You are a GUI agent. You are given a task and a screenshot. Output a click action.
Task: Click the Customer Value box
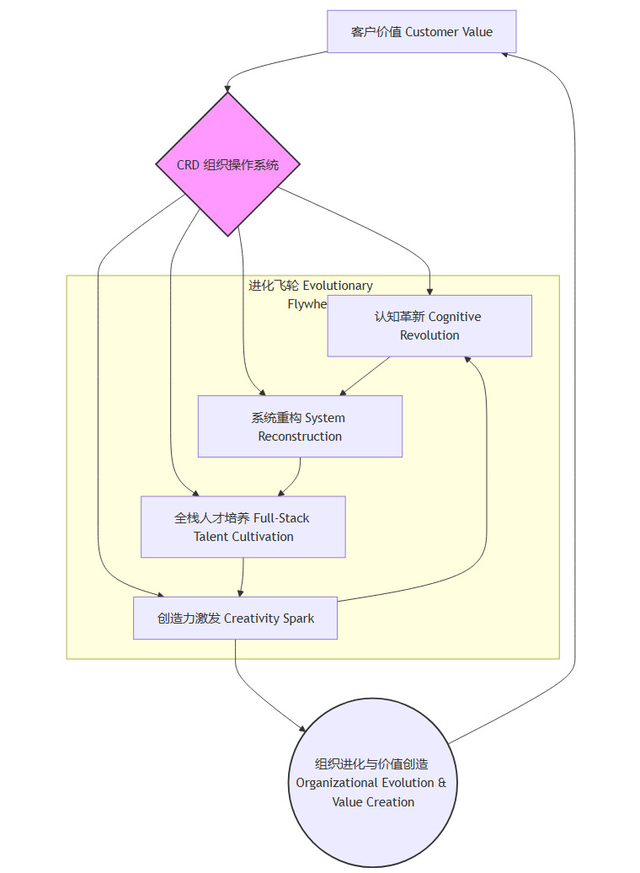point(421,32)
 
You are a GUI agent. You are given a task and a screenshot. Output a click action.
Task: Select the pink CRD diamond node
point(228,164)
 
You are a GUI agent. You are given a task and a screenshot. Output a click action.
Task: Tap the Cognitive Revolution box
point(429,326)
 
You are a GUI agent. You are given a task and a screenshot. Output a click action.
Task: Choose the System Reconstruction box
point(300,426)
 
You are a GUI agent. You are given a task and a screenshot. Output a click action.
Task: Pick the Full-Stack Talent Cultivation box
point(243,527)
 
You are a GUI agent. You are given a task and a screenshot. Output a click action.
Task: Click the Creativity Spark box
point(235,619)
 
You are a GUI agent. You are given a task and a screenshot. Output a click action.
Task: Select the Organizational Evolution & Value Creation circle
point(371,783)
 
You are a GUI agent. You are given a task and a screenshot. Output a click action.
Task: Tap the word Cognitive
point(455,317)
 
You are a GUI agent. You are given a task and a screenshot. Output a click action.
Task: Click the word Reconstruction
point(300,436)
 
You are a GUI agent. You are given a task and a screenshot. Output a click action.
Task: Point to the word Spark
point(299,619)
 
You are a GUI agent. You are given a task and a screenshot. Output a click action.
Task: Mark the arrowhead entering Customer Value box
point(506,53)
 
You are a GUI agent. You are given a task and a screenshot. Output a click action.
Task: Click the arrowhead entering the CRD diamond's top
point(227,88)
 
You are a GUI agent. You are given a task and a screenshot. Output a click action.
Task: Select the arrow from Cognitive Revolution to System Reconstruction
point(365,376)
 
